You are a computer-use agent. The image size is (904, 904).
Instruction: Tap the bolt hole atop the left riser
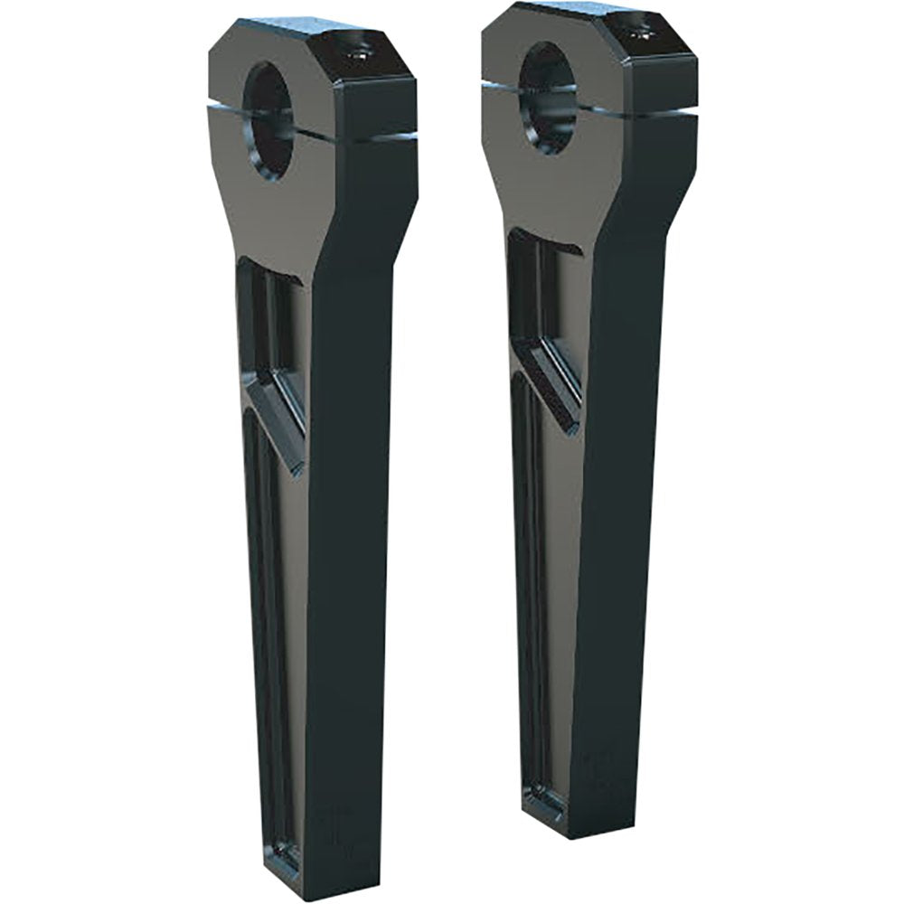[353, 52]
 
